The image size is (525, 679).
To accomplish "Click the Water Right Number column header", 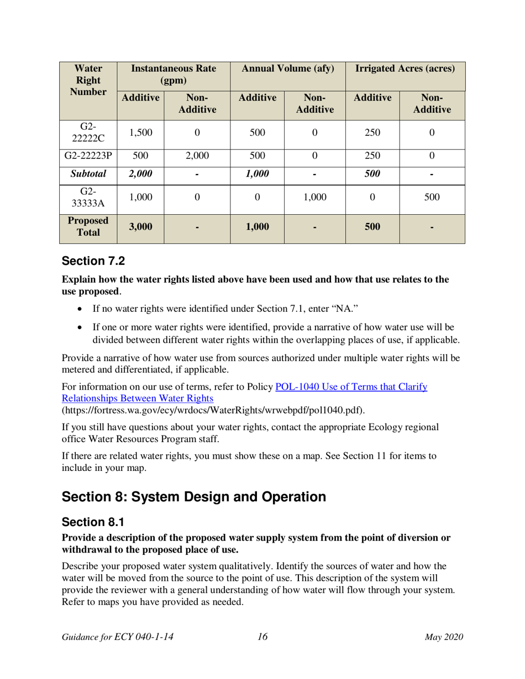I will [88, 81].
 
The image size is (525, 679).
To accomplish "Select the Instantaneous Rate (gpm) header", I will [173, 75].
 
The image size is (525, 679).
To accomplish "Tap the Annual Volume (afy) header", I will [288, 69].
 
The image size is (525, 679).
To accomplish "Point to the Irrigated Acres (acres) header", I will [405, 69].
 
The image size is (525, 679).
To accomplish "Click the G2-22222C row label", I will [88, 132].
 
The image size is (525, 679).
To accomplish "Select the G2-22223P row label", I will [88, 156].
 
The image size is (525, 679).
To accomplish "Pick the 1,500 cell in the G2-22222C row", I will [140, 132].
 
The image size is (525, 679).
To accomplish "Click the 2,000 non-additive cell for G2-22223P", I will [197, 156].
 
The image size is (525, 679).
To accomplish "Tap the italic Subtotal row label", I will [88, 174].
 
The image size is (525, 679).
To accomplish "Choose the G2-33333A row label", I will [88, 197].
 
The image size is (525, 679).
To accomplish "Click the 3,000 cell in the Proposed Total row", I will [140, 226].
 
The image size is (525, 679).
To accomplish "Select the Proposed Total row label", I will [88, 226].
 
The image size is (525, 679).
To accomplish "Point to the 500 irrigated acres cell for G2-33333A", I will [432, 197].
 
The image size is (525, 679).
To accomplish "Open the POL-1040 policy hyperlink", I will [351, 387].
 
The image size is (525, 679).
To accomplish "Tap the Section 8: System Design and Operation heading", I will [193, 496].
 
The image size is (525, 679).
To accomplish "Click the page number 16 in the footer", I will [262, 636].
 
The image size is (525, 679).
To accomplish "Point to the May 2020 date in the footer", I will [443, 637].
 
